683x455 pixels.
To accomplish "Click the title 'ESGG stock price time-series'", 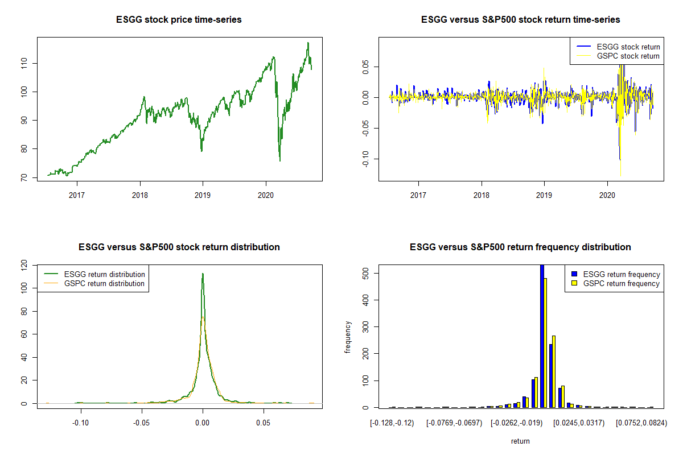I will [179, 20].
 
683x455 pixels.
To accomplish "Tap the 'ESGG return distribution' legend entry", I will [105, 274].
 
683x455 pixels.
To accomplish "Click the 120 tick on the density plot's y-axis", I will [23, 265].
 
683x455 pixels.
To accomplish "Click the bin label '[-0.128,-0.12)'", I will [392, 423].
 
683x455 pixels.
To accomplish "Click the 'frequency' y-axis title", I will [348, 337].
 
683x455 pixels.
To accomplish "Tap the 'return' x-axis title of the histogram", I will [520, 441].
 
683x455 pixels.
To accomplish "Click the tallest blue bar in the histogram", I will [542, 336].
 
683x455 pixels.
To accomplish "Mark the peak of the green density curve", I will [202, 274].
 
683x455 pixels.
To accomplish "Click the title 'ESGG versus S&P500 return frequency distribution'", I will [520, 247].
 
